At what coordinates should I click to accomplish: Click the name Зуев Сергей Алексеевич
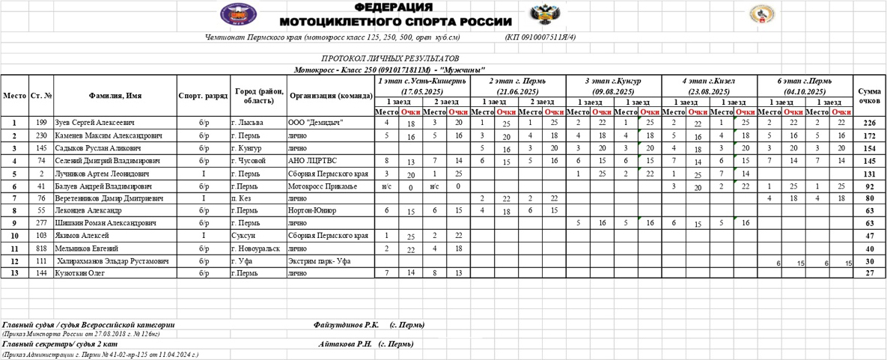click(94, 123)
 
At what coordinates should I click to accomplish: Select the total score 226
click(869, 123)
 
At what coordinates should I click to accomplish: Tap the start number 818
click(41, 248)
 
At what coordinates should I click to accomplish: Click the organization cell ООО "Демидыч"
click(316, 123)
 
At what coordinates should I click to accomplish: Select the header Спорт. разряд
click(204, 96)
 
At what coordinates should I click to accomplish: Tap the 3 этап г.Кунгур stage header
click(613, 86)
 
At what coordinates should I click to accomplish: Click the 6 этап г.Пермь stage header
click(805, 86)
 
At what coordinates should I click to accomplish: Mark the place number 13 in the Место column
click(14, 273)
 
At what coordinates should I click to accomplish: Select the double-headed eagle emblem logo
click(540, 14)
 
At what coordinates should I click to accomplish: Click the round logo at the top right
click(761, 14)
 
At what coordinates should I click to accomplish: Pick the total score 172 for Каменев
click(869, 135)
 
